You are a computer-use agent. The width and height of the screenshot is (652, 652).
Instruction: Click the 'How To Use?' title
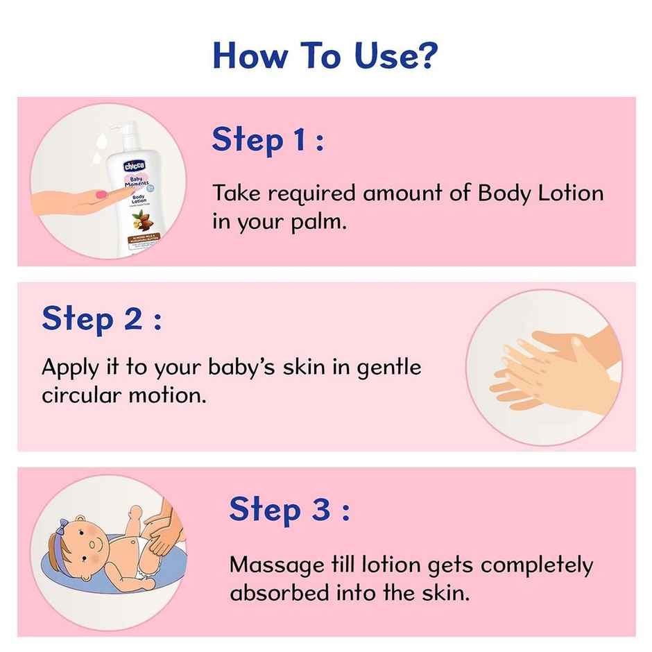coord(325,55)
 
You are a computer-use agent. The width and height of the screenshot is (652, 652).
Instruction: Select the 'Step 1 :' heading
coord(268,140)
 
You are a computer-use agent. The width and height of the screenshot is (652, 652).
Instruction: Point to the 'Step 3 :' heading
coord(289,510)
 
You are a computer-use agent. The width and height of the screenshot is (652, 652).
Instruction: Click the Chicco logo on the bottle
coord(134,166)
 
